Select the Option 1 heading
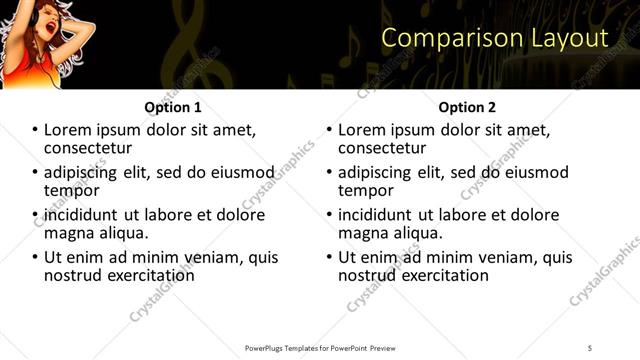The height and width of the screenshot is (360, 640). coord(172,107)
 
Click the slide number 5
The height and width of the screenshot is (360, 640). coord(590,347)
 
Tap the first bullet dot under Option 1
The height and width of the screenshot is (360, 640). coord(36,131)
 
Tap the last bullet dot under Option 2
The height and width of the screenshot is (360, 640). coord(331,257)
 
